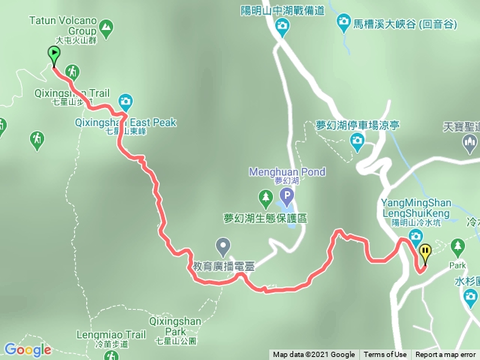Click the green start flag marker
pyautogui.click(x=54, y=54)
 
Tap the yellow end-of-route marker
pyautogui.click(x=425, y=253)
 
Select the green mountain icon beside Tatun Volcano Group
pyautogui.click(x=106, y=29)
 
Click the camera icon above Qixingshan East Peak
pyautogui.click(x=125, y=100)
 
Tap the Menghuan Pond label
pyautogui.click(x=287, y=172)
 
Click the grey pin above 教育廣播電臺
pyautogui.click(x=223, y=245)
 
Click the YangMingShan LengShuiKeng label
pyautogui.click(x=415, y=207)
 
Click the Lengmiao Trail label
pyautogui.click(x=106, y=334)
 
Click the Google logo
pyautogui.click(x=27, y=349)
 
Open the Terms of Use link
pyautogui.click(x=385, y=355)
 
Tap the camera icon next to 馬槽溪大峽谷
pyautogui.click(x=343, y=22)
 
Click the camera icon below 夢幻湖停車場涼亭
pyautogui.click(x=358, y=140)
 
